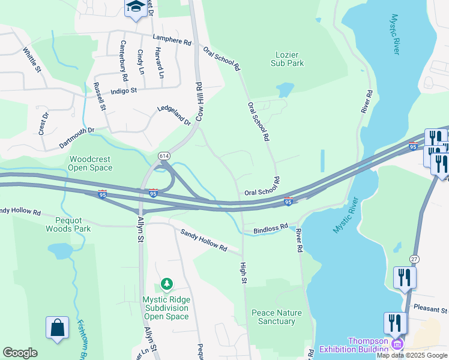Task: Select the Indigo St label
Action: [x=124, y=91]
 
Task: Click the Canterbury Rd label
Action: [x=124, y=61]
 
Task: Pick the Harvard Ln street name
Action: [x=160, y=63]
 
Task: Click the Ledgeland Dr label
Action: [x=173, y=115]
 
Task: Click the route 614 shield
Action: [x=164, y=156]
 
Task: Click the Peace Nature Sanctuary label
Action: [x=277, y=317]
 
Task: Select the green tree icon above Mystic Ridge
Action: [x=166, y=283]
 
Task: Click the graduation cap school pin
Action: [x=136, y=7]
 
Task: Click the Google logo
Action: [x=20, y=353]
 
